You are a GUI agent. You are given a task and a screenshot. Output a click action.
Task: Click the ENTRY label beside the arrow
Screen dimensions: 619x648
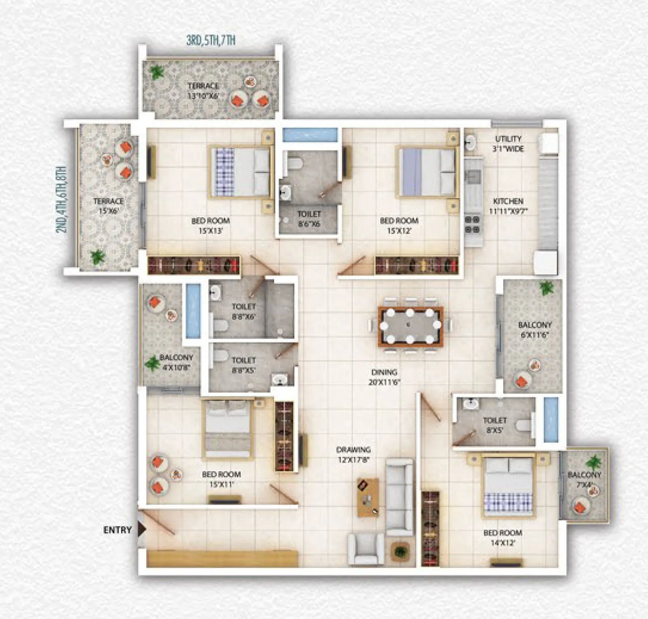[x=117, y=530]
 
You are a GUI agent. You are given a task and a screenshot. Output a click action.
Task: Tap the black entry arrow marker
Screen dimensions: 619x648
[x=141, y=529]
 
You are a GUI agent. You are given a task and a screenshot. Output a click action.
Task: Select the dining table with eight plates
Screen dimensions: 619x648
[x=410, y=326]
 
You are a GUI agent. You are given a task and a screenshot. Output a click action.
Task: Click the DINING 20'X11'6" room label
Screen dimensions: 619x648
[x=384, y=377]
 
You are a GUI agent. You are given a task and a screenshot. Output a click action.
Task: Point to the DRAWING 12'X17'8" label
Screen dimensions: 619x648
[x=353, y=455]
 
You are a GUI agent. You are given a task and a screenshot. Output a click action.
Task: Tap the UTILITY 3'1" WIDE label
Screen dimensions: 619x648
[x=508, y=144]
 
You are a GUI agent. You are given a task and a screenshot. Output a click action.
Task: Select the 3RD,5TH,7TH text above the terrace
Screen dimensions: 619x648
[x=211, y=40]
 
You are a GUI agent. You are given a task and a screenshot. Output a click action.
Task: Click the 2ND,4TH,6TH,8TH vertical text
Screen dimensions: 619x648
[x=61, y=199]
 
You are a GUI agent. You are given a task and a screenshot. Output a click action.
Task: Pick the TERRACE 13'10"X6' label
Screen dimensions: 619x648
[x=203, y=91]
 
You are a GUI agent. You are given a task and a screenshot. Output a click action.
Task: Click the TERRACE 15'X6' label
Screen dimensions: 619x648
[x=109, y=206]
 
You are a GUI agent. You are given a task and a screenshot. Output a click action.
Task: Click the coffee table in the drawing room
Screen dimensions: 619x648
[x=368, y=497]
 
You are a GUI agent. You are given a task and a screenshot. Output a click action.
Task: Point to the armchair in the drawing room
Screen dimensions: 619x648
[x=366, y=549]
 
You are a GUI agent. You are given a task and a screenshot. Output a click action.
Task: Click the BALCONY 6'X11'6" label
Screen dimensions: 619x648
[x=535, y=330]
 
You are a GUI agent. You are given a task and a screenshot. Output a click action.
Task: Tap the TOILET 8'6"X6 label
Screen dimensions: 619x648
[x=309, y=219]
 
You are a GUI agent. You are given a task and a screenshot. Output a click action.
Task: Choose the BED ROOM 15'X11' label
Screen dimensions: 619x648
[x=221, y=479]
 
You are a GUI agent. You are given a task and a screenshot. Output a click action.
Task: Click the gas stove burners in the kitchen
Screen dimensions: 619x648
[x=472, y=224]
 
